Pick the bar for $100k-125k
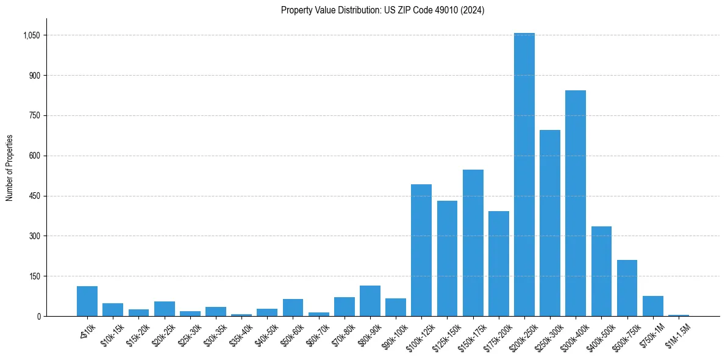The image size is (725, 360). [421, 250]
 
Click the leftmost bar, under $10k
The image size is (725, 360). [87, 301]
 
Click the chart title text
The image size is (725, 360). [382, 10]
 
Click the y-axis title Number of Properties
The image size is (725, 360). [9, 168]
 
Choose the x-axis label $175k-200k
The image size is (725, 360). [495, 334]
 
